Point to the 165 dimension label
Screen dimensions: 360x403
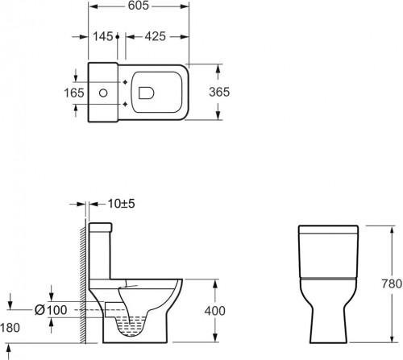pyautogui.click(x=74, y=93)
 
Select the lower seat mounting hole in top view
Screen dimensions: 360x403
pyautogui.click(x=125, y=105)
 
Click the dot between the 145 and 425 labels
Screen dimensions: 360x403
pyautogui.click(x=118, y=36)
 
